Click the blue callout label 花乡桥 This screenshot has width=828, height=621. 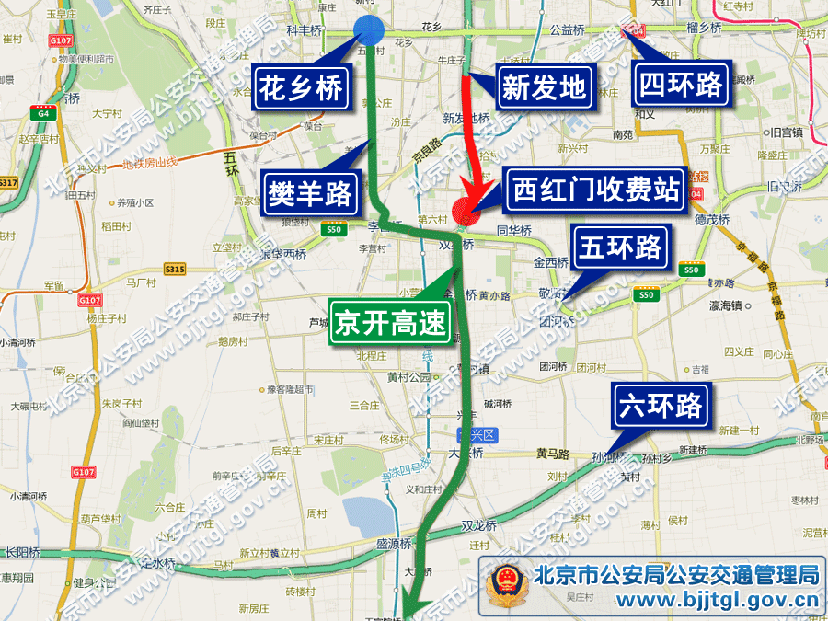(x=301, y=88)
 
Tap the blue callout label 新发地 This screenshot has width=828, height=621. (x=544, y=88)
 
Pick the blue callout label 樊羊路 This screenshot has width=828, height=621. (x=310, y=192)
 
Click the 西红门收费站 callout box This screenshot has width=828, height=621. (x=595, y=191)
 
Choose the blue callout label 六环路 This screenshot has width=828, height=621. (x=661, y=406)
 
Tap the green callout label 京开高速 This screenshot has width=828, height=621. (x=390, y=322)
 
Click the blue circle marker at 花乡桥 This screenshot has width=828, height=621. (x=369, y=30)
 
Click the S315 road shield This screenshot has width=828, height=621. (x=175, y=270)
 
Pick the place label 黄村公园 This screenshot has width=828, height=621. (x=408, y=376)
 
